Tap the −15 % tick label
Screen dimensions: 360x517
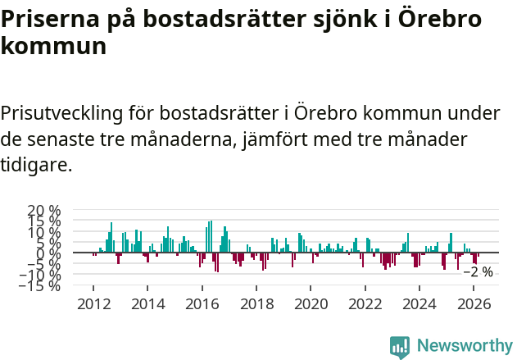pos(42,285)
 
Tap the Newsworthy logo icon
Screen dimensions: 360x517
pos(400,346)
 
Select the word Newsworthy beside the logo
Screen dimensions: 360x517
pos(464,346)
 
